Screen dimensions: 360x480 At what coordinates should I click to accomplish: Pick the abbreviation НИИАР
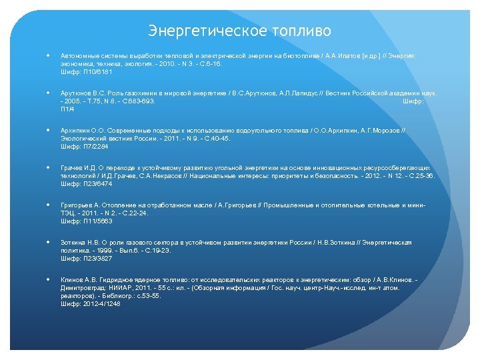pyautogui.click(x=117, y=287)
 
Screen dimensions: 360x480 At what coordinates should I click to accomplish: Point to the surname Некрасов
pyautogui.click(x=168, y=175)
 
